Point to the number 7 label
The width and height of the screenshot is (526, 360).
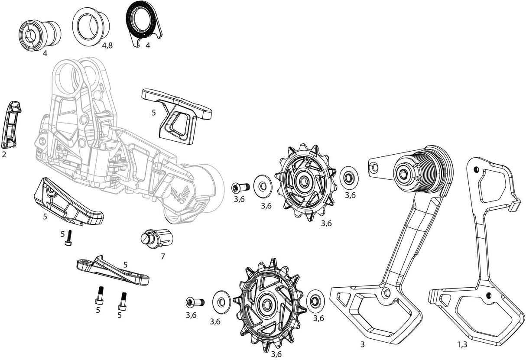point(163,256)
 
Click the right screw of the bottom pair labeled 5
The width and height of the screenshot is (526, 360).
point(123,300)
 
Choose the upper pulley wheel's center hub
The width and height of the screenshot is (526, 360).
point(303,182)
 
